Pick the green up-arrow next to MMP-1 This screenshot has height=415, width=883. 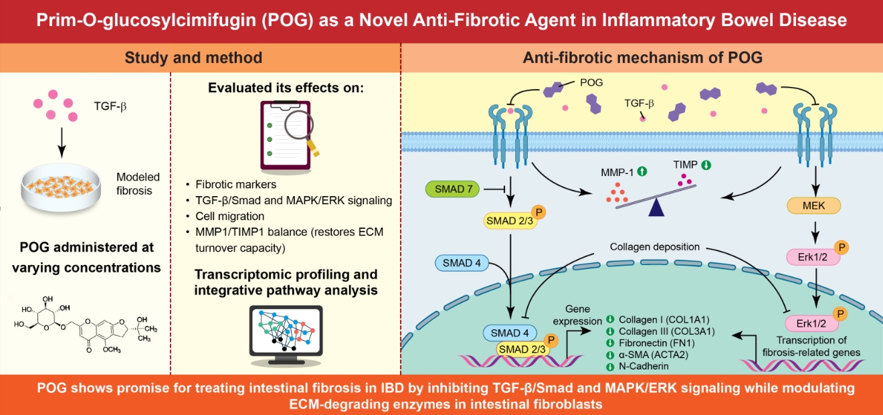click(642, 171)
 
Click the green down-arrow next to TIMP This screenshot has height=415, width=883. click(706, 164)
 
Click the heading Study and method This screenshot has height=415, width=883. click(194, 58)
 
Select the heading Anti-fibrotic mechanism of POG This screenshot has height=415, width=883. click(642, 58)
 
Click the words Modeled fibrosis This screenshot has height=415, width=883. click(138, 184)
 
